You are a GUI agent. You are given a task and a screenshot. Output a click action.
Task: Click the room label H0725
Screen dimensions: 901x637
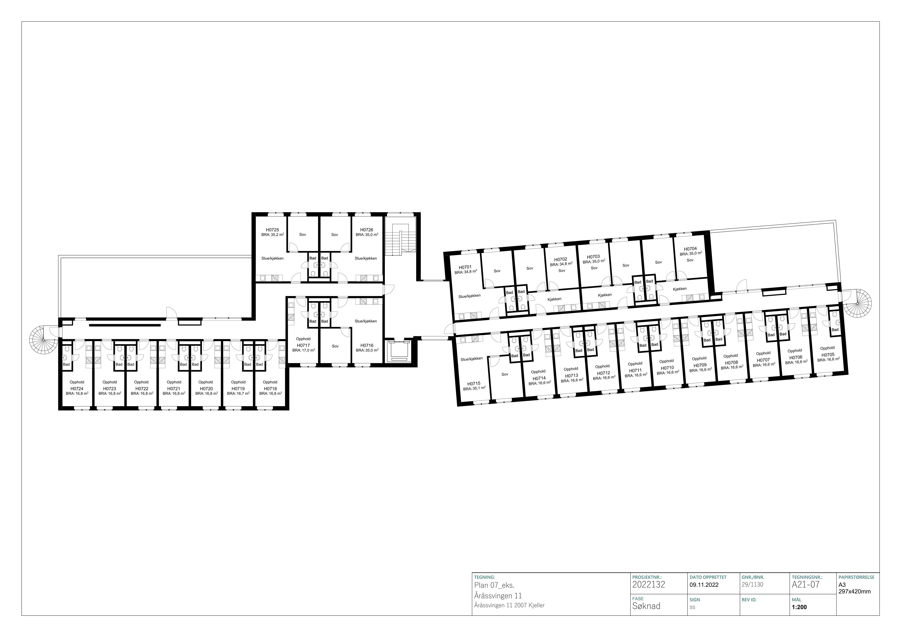[272, 230]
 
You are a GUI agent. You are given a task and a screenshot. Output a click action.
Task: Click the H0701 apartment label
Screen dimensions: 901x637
[465, 267]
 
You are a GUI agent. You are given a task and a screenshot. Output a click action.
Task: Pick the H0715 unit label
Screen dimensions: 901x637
[474, 384]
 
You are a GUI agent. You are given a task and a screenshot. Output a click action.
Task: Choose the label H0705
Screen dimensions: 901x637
[828, 355]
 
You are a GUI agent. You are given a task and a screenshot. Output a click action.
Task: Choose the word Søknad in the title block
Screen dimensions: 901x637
[646, 606]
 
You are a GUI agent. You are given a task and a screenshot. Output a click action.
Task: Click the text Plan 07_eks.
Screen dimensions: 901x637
[494, 586]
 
